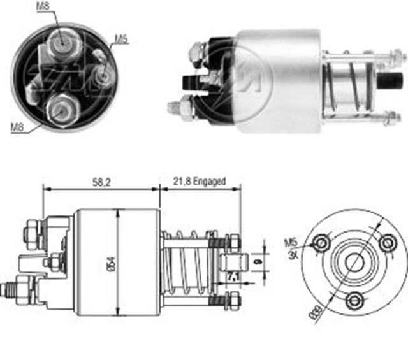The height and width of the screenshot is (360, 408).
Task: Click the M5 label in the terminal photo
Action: [121, 40]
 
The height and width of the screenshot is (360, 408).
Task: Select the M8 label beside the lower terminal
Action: [17, 127]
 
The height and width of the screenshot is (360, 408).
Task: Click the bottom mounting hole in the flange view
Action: [355, 300]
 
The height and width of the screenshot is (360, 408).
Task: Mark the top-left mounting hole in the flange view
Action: [321, 243]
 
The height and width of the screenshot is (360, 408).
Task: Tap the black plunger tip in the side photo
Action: [387, 81]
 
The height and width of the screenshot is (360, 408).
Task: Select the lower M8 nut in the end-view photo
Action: [61, 109]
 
